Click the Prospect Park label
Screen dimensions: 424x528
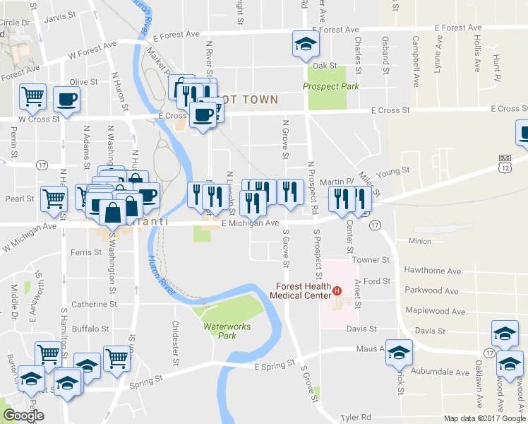click(330, 86)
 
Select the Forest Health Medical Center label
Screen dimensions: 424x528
click(304, 290)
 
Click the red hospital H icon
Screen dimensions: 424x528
click(337, 290)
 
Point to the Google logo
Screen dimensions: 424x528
click(23, 416)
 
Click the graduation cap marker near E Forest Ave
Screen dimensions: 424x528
click(306, 45)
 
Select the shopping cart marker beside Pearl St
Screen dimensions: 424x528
click(54, 199)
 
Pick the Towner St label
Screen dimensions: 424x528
click(366, 260)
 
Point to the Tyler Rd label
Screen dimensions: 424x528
click(355, 418)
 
